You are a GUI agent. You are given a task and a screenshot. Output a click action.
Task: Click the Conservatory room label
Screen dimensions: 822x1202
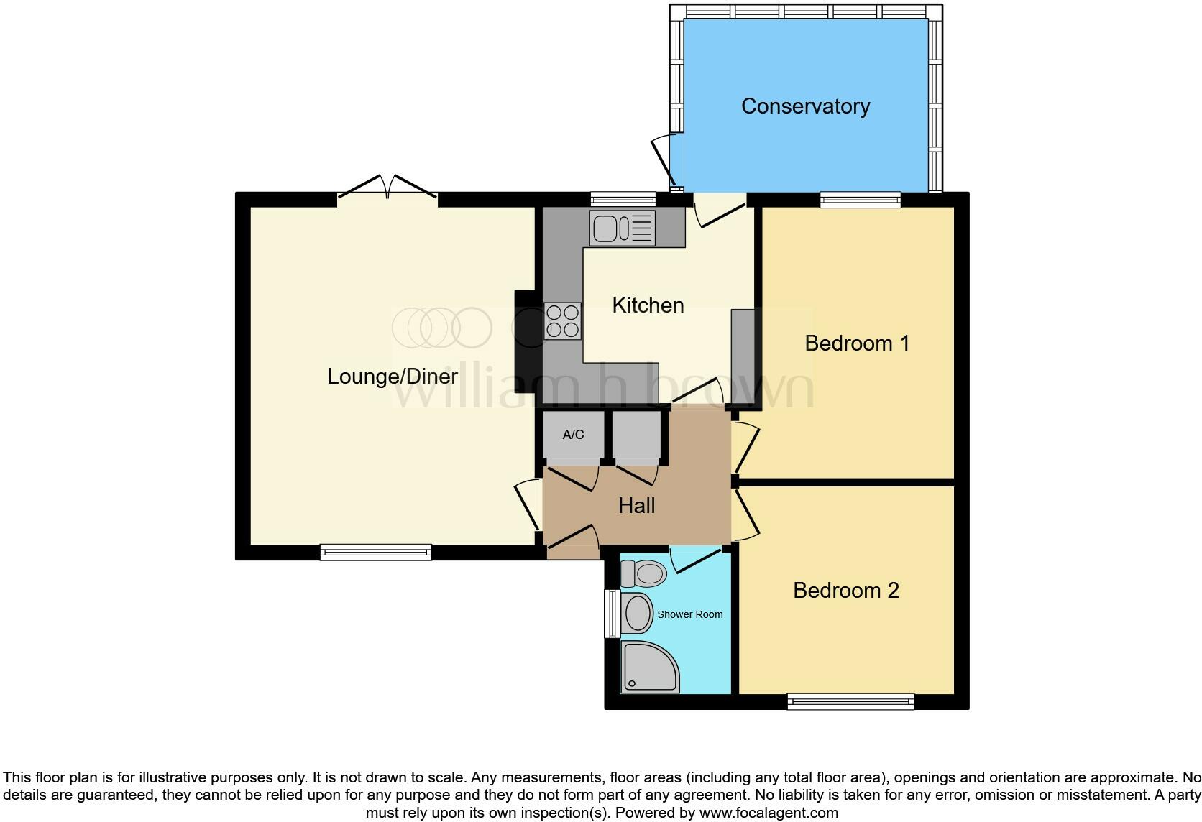[805, 106]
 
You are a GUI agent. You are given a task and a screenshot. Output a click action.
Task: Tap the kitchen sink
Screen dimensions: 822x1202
[622, 228]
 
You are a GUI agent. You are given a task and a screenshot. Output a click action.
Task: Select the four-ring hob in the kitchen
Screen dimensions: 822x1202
[562, 321]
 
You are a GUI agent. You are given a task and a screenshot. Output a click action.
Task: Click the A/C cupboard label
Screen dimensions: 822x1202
[573, 435]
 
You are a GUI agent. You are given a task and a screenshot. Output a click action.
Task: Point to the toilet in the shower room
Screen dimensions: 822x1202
[644, 574]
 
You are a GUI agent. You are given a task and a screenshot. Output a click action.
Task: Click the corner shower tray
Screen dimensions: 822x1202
[649, 668]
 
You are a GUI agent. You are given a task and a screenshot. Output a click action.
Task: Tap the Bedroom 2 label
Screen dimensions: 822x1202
[845, 591]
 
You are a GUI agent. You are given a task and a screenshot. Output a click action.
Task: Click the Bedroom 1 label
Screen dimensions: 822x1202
[857, 343]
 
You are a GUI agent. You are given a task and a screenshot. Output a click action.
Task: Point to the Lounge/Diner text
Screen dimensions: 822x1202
[392, 377]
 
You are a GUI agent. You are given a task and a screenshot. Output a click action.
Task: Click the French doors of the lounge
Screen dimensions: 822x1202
[387, 188]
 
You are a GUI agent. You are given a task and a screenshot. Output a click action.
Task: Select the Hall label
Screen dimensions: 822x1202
[636, 506]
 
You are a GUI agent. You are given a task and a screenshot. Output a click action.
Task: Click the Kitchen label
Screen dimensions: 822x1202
[647, 305]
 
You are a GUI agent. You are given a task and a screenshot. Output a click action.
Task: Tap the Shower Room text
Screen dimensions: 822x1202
[689, 615]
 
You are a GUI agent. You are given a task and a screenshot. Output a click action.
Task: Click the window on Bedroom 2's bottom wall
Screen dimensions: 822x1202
[850, 701]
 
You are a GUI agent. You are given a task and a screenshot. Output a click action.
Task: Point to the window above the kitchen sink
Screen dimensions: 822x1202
[623, 199]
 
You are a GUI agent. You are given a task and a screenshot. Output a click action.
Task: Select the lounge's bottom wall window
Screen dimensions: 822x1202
[375, 552]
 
